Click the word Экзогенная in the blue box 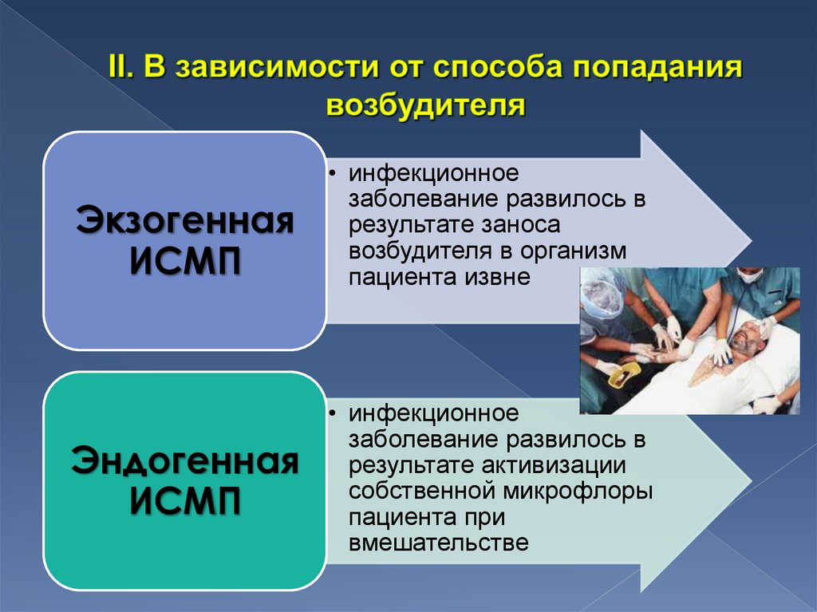[x=184, y=221]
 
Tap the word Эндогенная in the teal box [x=184, y=461]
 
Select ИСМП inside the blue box [x=184, y=263]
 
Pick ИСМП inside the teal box [x=184, y=503]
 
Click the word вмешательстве [x=439, y=543]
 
